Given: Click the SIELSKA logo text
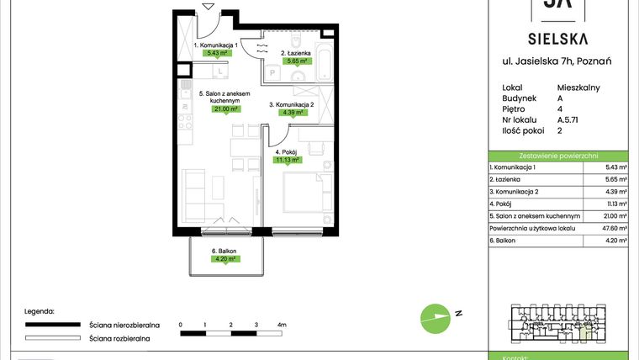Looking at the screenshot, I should pos(558,38).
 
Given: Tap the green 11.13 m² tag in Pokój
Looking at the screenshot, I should pos(288,158).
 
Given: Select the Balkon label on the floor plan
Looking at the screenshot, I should pos(224,251).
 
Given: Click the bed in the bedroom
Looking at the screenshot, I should pos(304,191).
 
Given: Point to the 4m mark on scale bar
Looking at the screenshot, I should pos(282,324).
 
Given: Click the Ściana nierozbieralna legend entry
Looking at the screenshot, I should pos(118,324).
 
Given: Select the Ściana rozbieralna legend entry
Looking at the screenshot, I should pos(119,338).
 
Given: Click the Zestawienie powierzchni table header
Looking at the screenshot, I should pos(558,156).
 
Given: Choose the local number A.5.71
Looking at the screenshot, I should pos(568,119).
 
